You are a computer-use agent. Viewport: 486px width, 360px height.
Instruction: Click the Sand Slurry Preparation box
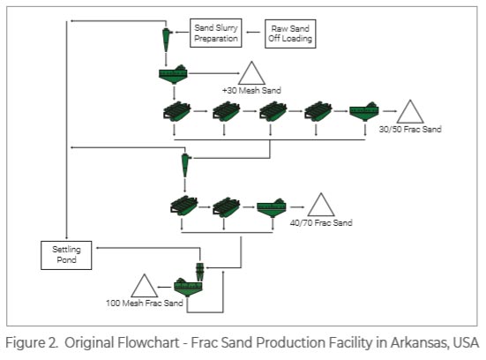(x=215, y=32)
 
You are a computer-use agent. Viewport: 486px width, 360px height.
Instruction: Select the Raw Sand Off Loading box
(x=291, y=32)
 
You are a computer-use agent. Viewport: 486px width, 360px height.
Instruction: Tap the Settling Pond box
(x=66, y=254)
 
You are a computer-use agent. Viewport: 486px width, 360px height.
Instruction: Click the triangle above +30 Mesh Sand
(x=252, y=73)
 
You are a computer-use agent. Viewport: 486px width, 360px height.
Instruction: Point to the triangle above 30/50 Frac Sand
(x=409, y=112)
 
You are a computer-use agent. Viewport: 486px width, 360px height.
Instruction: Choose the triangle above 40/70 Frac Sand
(x=321, y=206)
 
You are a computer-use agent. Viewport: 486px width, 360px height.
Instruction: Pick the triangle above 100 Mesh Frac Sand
(x=143, y=286)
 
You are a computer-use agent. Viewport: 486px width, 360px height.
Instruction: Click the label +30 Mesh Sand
(x=252, y=91)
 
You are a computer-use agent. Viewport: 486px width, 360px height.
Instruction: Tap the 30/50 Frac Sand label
(x=409, y=130)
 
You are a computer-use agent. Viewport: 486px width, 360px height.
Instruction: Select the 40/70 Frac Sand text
(x=321, y=223)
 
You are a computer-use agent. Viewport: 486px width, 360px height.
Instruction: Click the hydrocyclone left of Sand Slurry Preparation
(x=167, y=36)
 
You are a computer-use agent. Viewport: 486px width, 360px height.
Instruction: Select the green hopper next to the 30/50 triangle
(x=364, y=112)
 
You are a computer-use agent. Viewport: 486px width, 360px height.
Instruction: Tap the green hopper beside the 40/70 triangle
(x=273, y=207)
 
